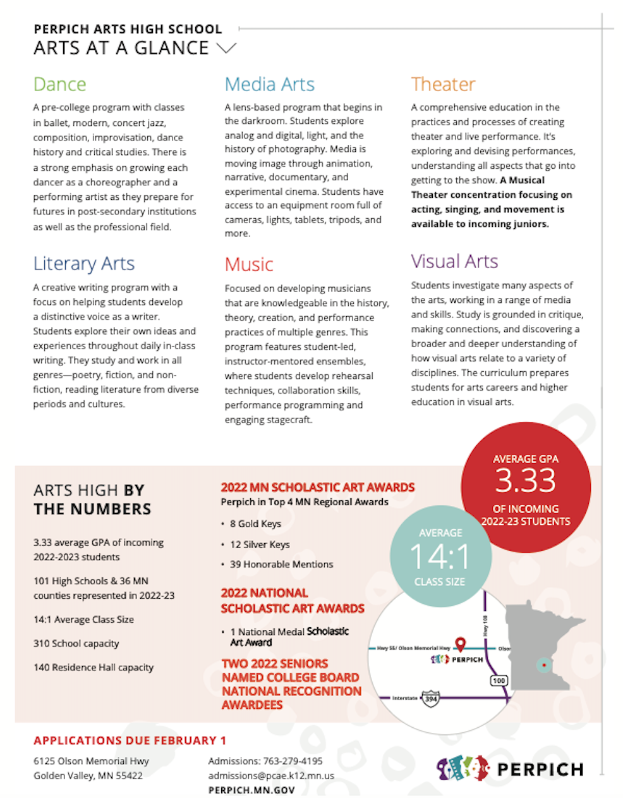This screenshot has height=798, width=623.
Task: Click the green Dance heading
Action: point(59,84)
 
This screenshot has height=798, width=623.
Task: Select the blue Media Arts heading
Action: point(269,84)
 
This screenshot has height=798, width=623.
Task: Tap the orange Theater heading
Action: point(443,84)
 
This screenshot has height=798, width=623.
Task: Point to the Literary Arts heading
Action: point(83,263)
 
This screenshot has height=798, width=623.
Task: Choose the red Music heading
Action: point(249,264)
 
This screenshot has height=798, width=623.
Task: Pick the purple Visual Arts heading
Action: point(454,261)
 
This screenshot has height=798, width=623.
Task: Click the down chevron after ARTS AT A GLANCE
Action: point(226,48)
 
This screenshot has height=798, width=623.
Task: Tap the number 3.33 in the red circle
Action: point(525,481)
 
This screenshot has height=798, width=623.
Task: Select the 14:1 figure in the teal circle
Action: point(440,557)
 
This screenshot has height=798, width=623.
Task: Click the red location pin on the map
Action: point(461,644)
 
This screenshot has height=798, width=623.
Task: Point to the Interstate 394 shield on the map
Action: point(430,698)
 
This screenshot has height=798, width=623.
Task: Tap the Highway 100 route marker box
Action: point(499,680)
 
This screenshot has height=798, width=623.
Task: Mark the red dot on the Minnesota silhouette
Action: point(544,665)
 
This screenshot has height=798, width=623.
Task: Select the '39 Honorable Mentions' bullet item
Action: point(281,564)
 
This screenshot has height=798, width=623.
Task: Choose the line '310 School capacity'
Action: point(76,643)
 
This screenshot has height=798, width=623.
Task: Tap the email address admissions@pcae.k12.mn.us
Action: point(271,775)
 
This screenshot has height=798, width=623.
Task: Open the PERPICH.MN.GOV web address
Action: point(251,790)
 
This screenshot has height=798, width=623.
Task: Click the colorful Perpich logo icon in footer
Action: point(463,768)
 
